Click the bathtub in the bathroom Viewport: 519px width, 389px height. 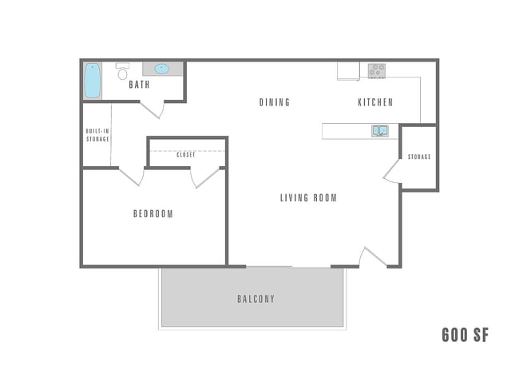93,80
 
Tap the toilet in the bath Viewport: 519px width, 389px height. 122,72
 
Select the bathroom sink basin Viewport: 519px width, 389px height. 162,69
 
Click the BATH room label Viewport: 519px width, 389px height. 139,85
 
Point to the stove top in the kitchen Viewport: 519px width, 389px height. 376,70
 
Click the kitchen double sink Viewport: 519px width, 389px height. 379,130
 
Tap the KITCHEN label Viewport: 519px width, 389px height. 374,102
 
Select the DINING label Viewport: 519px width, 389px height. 274,102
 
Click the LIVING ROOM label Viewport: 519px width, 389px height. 308,198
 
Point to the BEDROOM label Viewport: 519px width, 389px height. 153,214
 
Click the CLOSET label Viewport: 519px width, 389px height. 186,155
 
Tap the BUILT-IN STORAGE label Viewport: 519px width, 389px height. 97,135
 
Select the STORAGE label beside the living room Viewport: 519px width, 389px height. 419,157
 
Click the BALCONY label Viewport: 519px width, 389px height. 256,300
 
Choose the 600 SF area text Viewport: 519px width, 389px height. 465,335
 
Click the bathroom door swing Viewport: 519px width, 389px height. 153,109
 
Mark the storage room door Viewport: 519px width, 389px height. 392,172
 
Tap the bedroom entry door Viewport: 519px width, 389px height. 131,176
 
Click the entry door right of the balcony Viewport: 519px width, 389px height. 373,257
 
